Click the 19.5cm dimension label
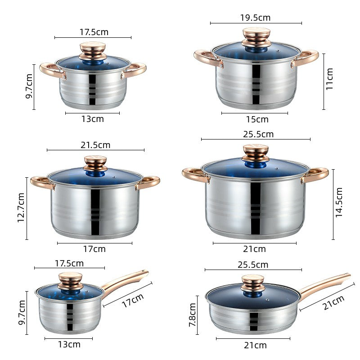point(255,18)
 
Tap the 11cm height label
point(329,79)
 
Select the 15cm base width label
point(257,119)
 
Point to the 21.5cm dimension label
point(95,145)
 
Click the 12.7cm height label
point(21,207)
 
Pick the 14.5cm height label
point(339,202)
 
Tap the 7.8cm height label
point(193,315)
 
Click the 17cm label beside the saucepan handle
point(133,300)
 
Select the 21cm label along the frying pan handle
point(333,302)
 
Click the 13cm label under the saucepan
point(69,344)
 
